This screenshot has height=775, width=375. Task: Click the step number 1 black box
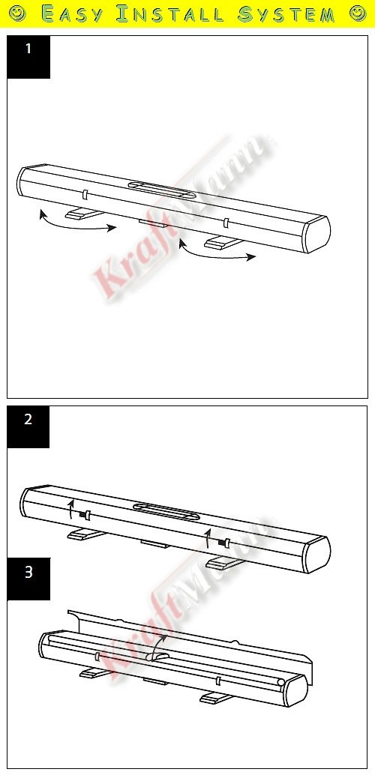click(x=28, y=57)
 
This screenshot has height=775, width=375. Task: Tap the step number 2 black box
click(x=28, y=427)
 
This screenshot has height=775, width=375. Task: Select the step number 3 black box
click(x=28, y=579)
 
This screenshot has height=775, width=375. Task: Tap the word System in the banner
click(x=286, y=13)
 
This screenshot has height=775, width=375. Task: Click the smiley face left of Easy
click(x=18, y=13)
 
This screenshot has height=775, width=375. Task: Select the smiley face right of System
click(x=357, y=13)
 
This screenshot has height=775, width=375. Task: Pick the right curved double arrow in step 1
click(x=215, y=253)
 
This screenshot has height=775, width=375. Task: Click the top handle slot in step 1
click(x=158, y=190)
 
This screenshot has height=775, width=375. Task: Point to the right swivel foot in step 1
click(x=223, y=242)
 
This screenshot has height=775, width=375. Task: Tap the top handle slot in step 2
click(x=166, y=511)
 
